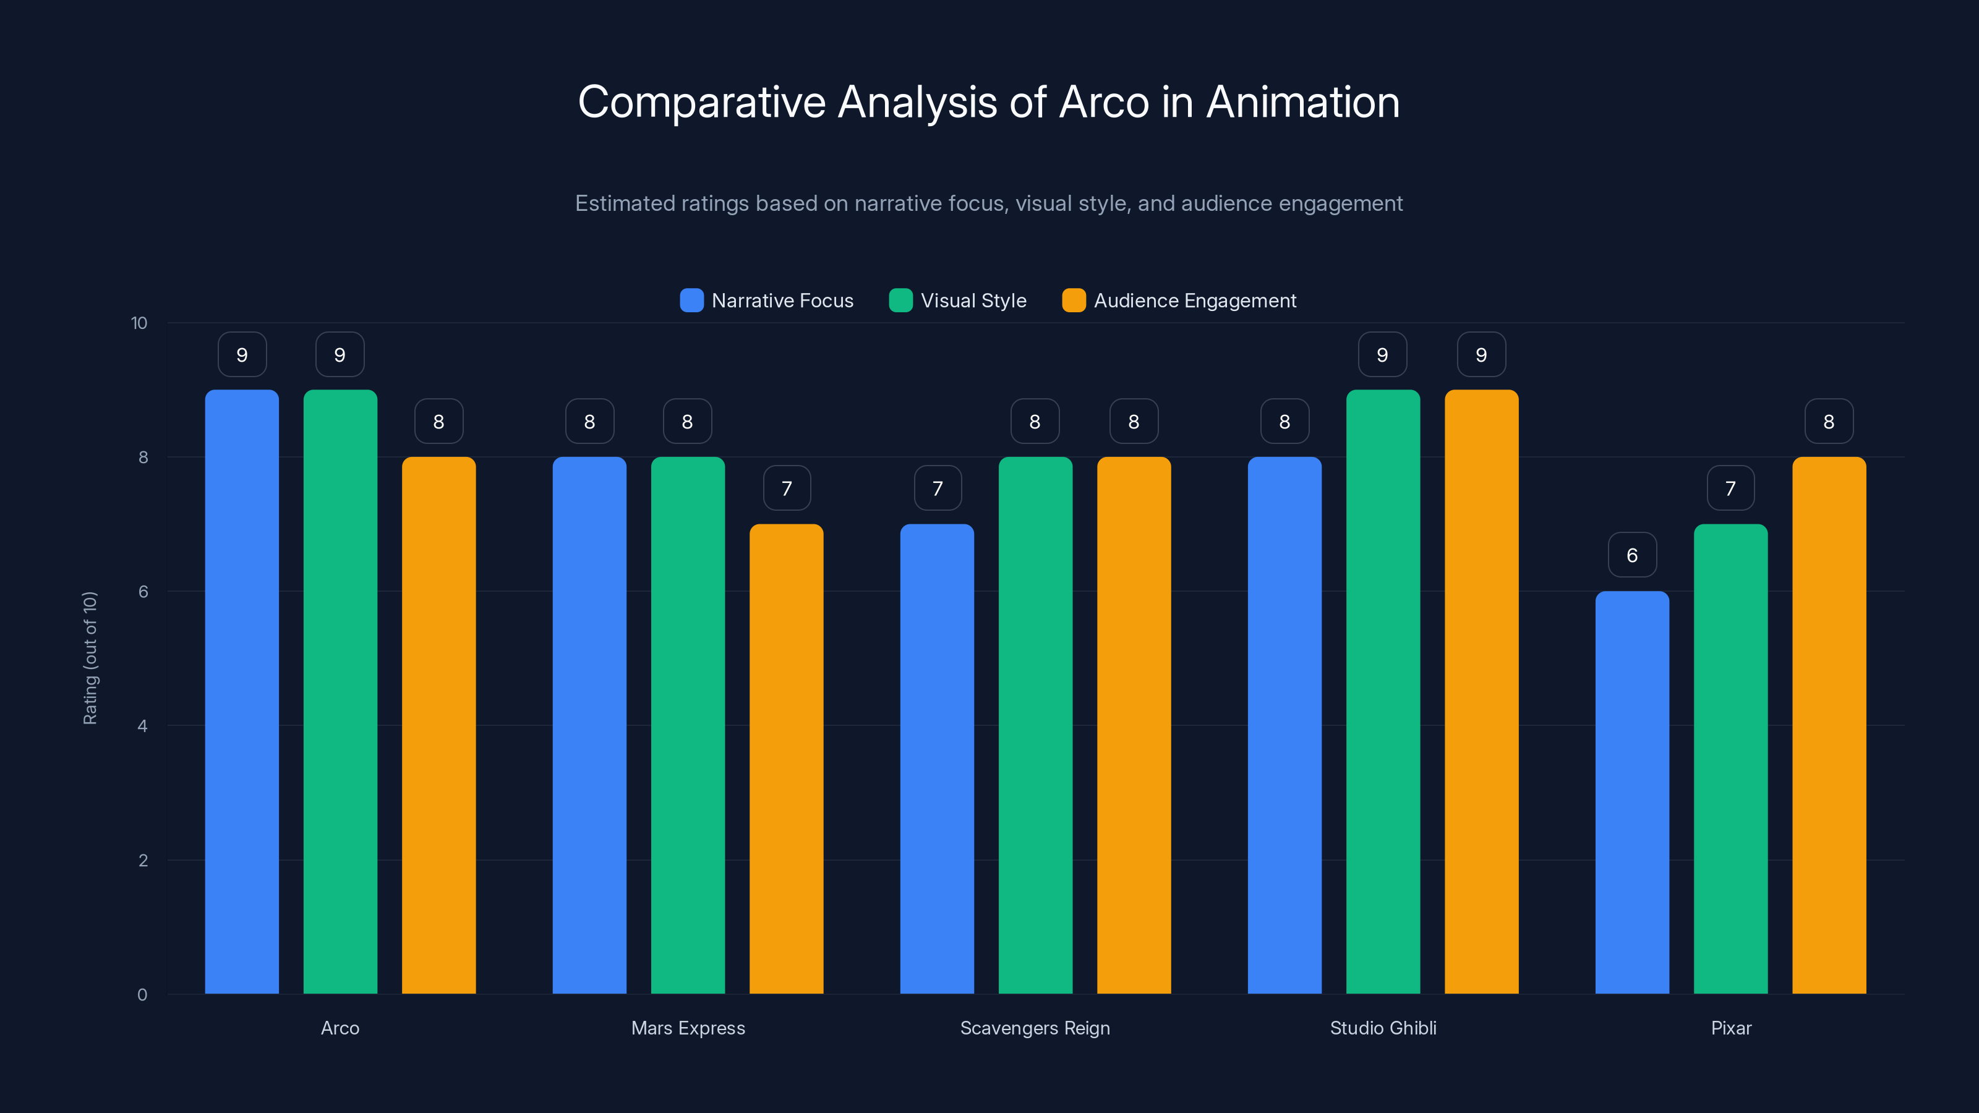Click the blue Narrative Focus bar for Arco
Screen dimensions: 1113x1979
click(x=242, y=691)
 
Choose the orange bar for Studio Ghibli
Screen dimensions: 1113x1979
click(x=1481, y=691)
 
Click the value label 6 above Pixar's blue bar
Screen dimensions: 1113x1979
click(x=1632, y=555)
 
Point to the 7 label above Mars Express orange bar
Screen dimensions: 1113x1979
click(x=786, y=488)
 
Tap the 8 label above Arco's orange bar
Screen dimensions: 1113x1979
click(x=438, y=421)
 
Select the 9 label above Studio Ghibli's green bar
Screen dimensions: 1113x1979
click(x=1382, y=354)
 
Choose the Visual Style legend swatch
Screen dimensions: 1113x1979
click(x=900, y=301)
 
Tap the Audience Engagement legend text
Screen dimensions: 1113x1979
click(x=1195, y=301)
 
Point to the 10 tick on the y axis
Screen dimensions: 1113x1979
click(x=139, y=323)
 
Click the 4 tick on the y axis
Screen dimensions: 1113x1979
click(x=142, y=726)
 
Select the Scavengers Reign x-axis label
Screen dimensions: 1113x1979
click(x=1035, y=1028)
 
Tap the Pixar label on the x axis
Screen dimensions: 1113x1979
click(x=1731, y=1028)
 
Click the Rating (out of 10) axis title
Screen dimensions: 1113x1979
click(x=90, y=657)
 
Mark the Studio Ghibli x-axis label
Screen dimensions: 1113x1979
click(x=1383, y=1028)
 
